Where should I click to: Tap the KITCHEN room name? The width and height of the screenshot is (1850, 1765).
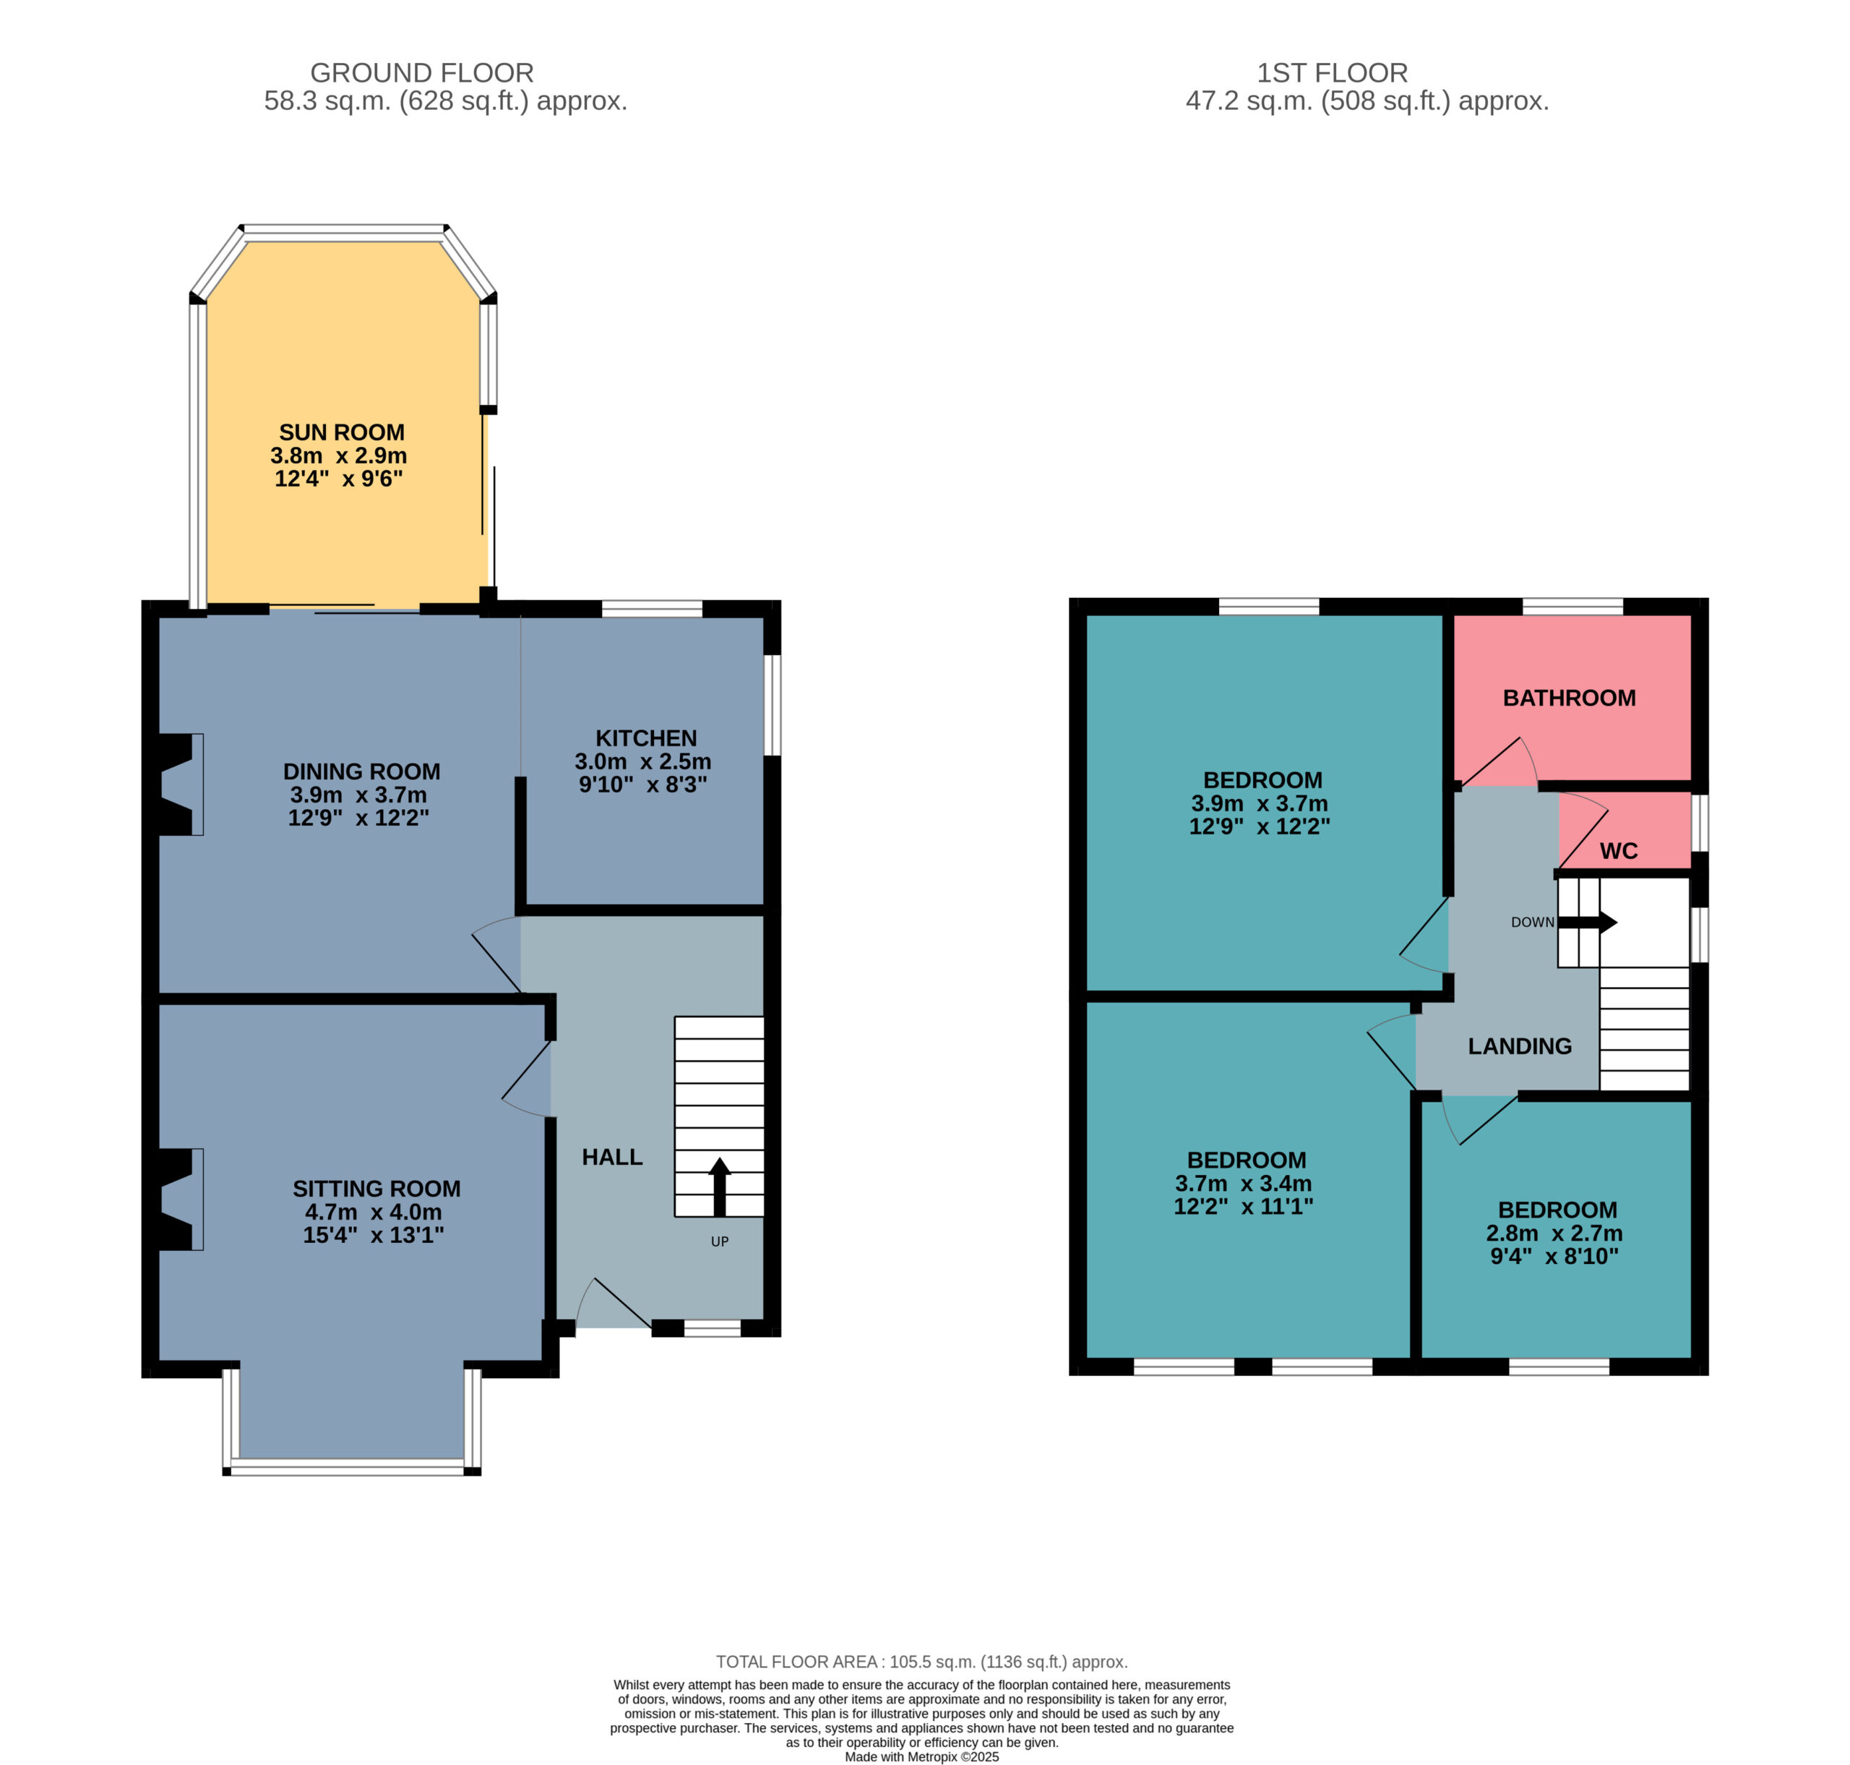[x=646, y=738]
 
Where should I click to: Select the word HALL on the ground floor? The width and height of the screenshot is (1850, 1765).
[x=612, y=1157]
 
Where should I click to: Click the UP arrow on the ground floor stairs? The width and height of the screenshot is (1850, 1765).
[x=720, y=1187]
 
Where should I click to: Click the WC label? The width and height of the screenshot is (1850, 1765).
[x=1619, y=852]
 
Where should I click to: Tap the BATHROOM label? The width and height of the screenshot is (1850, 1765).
[x=1569, y=698]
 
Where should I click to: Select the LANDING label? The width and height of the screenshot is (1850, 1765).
[x=1520, y=1046]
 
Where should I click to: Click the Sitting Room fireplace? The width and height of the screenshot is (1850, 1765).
[x=177, y=1199]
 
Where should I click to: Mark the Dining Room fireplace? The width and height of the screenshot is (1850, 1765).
[x=177, y=785]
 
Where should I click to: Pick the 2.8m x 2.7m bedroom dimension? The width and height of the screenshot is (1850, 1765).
[x=1554, y=1234]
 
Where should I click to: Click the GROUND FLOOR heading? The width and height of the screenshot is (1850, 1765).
[x=422, y=72]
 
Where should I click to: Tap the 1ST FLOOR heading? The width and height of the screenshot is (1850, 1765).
[x=1333, y=72]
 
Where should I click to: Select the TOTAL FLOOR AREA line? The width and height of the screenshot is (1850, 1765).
[x=921, y=1662]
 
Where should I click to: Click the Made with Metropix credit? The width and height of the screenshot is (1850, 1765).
[x=921, y=1756]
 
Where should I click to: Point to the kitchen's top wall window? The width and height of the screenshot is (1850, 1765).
[x=652, y=609]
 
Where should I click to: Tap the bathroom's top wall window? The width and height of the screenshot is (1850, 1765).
[x=1572, y=607]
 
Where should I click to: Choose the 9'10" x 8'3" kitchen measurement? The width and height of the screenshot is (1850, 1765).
[x=642, y=785]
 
